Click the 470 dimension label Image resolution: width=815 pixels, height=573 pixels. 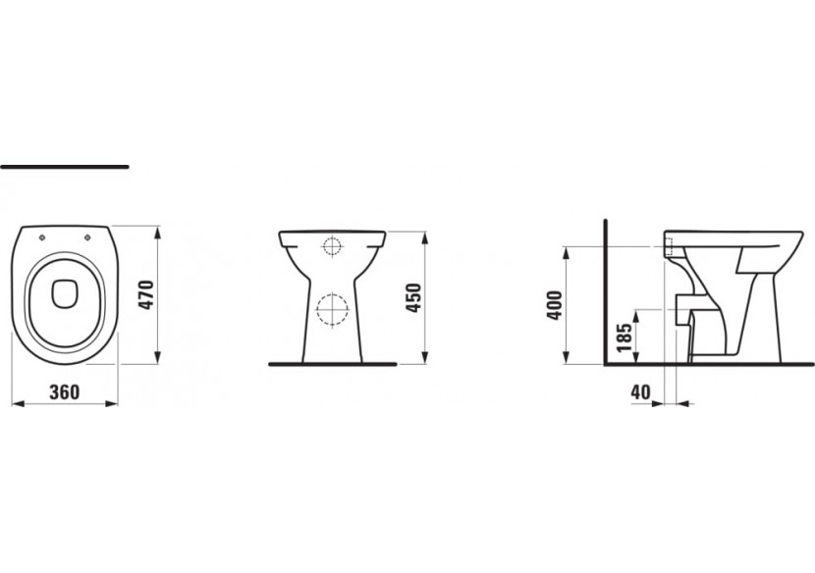pyautogui.click(x=145, y=294)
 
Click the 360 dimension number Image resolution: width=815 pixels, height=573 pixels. pyautogui.click(x=63, y=391)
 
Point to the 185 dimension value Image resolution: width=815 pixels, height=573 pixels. pyautogui.click(x=622, y=337)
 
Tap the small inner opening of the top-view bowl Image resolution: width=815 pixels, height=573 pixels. pyautogui.click(x=65, y=291)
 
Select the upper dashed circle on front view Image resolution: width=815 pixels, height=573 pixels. pyautogui.click(x=334, y=247)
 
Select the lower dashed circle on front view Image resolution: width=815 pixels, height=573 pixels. pyautogui.click(x=333, y=309)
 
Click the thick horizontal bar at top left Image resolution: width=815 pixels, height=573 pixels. pyautogui.click(x=65, y=167)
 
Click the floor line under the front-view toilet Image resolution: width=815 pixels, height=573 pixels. pyautogui.click(x=334, y=363)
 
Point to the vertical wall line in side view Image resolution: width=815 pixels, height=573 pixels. pyautogui.click(x=605, y=294)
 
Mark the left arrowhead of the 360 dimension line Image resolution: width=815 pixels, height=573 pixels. pyautogui.click(x=13, y=402)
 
